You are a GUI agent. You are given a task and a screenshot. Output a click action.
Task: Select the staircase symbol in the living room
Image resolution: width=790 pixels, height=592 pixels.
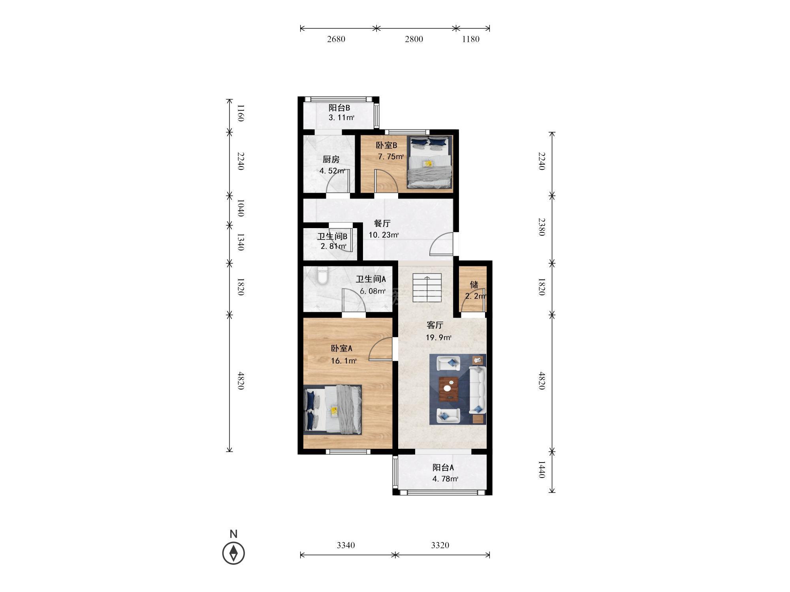pos(427,288)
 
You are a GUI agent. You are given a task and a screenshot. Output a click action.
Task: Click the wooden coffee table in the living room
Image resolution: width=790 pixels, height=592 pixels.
pos(449,389)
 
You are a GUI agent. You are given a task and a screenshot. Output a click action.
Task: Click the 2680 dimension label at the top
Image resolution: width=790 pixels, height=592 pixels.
pos(336,39)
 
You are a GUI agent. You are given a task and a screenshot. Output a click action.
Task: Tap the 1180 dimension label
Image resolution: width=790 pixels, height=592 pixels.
pos(470,39)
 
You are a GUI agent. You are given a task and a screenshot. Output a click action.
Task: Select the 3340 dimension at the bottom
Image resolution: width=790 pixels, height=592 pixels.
pos(346,545)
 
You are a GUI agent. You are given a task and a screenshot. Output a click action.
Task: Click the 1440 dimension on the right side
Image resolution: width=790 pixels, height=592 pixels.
pos(542,470)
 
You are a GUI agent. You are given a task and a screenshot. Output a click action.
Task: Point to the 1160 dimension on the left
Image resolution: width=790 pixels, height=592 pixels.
pos(241,113)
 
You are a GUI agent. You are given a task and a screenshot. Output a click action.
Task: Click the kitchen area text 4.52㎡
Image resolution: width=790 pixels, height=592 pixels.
pos(332,171)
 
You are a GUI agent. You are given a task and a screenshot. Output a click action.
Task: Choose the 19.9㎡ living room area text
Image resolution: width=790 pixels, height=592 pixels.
pos(438,337)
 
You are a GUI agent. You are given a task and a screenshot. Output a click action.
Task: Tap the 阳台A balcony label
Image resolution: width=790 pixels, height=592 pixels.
pos(443,468)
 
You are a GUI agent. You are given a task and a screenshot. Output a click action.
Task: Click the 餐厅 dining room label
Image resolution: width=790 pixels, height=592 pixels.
pos(382,223)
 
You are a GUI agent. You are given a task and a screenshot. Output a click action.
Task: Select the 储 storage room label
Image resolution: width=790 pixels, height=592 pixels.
pos(474,285)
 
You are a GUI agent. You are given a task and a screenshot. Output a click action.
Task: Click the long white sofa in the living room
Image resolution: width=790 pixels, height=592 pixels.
pos(477,390)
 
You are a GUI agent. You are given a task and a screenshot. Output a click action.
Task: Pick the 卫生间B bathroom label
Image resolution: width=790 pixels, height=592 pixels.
pos(332,236)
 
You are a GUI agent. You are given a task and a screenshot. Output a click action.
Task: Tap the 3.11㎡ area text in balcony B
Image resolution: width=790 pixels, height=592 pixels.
pos(342,117)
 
